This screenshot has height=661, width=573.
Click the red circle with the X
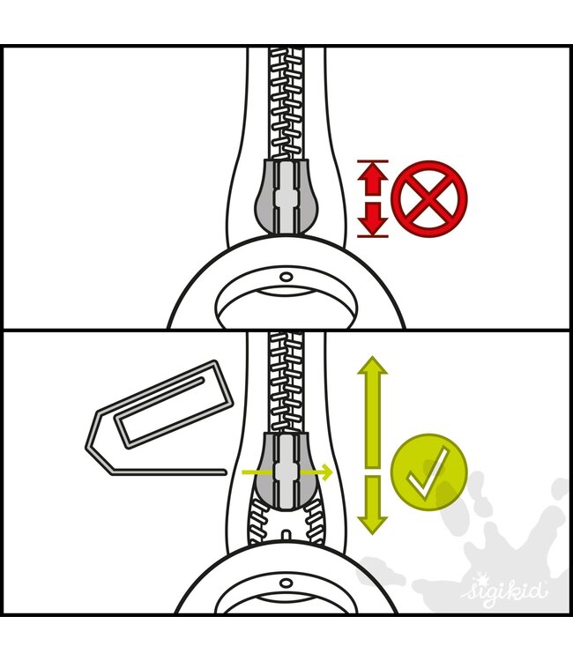pyautogui.click(x=429, y=198)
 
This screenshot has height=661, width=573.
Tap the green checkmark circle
pyautogui.click(x=429, y=472)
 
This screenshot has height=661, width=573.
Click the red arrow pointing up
pyautogui.click(x=373, y=180)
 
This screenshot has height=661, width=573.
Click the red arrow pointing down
pyautogui.click(x=373, y=218)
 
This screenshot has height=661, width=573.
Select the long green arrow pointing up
pyautogui.click(x=373, y=412)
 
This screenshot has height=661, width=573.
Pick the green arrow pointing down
pyautogui.click(x=373, y=505)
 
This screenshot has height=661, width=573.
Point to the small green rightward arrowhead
pyautogui.click(x=325, y=472)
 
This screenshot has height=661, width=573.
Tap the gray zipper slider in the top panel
pyautogui.click(x=283, y=196)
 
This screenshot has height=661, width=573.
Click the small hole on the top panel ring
pyautogui.click(x=286, y=277)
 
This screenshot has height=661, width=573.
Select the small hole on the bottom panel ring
pyautogui.click(x=286, y=583)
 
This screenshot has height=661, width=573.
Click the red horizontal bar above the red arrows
pyautogui.click(x=373, y=161)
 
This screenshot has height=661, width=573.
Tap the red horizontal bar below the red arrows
pyautogui.click(x=373, y=236)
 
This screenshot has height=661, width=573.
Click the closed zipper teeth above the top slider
pyautogui.click(x=286, y=104)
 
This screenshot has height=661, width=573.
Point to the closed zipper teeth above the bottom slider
pyautogui.click(x=286, y=382)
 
